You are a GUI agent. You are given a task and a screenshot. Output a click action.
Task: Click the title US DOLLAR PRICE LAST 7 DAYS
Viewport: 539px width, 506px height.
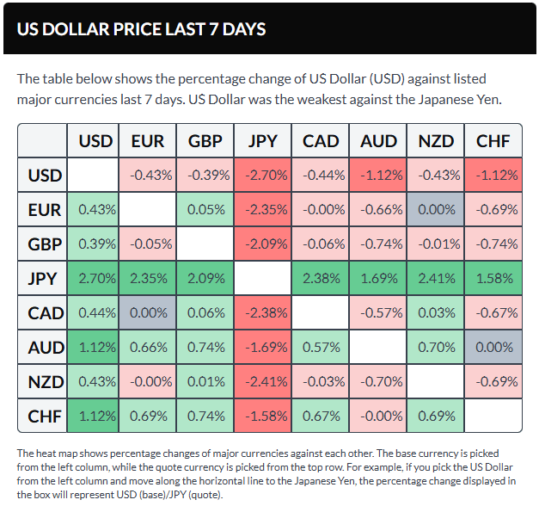[142, 29]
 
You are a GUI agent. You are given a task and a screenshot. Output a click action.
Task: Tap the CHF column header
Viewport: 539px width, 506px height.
[493, 141]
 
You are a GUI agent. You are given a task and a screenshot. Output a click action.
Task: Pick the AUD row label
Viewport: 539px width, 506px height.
[45, 347]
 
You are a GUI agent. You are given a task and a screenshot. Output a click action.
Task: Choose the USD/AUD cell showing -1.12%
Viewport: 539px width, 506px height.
[378, 176]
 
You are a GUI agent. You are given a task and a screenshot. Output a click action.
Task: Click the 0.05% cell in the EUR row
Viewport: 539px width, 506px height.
[205, 209]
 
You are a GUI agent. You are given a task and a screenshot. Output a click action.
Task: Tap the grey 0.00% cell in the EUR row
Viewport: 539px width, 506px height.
[436, 209]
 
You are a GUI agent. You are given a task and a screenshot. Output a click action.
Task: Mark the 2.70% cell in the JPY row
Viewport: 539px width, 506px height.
[95, 278]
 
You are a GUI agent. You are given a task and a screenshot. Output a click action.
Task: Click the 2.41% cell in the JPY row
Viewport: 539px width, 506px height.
[436, 278]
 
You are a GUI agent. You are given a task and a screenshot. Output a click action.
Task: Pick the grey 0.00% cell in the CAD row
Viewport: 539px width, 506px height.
[147, 312]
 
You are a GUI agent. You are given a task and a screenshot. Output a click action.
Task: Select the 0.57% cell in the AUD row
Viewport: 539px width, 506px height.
[321, 347]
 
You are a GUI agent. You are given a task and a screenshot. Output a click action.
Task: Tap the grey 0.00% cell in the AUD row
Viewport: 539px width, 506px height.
[493, 347]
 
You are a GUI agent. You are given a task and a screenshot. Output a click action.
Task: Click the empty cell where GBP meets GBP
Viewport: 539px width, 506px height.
[205, 244]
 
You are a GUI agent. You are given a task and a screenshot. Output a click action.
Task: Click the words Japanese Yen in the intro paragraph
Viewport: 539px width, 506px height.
[458, 100]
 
